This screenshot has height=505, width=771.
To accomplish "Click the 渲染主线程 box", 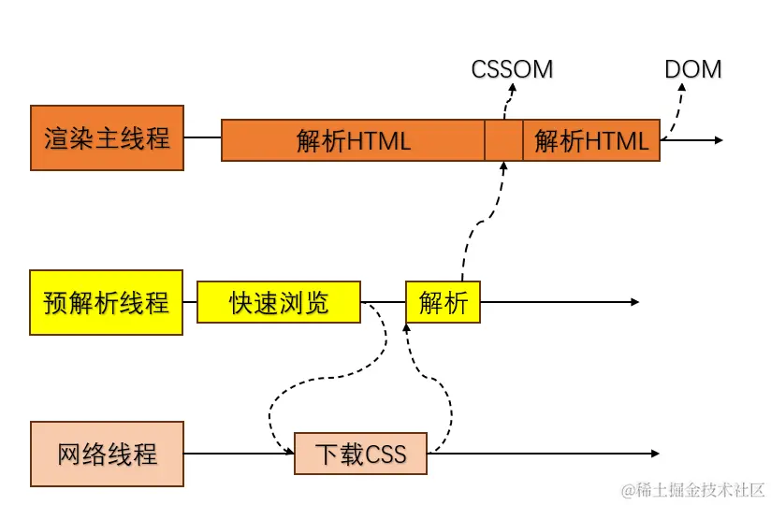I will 107,137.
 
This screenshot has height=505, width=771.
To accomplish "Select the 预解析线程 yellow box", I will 107,302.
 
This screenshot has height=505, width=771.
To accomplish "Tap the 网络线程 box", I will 107,454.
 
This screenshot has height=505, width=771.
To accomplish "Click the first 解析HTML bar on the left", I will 353,140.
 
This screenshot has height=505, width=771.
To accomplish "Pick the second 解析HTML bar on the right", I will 590,140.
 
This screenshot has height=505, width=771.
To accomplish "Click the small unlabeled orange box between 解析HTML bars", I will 503,140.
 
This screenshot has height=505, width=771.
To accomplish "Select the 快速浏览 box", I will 279,302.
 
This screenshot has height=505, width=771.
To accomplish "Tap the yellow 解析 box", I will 443,302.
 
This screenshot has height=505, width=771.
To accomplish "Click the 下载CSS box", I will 360,454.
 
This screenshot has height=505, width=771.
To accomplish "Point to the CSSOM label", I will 512,69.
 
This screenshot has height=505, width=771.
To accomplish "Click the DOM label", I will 692,69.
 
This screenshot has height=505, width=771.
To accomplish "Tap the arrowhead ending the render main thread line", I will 718,140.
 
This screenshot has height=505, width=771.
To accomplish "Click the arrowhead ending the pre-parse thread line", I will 633,302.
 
